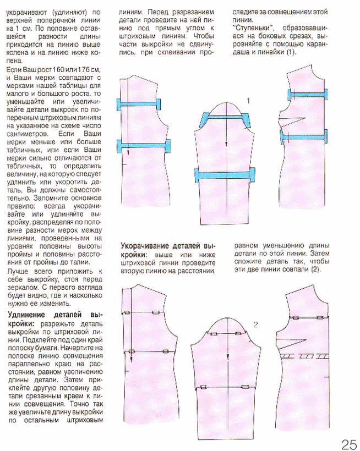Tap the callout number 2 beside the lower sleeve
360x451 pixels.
255,324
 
